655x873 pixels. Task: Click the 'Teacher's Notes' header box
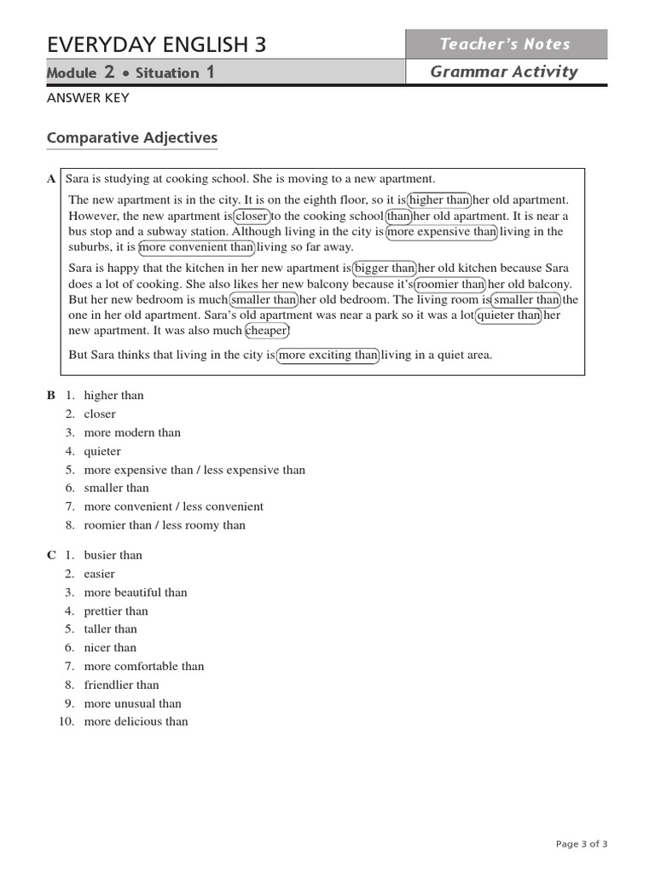[506, 44]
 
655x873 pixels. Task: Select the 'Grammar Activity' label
[504, 72]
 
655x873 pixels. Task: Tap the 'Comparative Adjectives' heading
[132, 138]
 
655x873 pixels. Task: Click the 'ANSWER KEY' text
[88, 98]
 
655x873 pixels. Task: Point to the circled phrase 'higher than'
[439, 200]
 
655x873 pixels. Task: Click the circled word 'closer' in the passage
[252, 216]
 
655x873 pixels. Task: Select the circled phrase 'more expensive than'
[442, 231]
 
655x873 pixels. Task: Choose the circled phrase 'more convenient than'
[196, 247]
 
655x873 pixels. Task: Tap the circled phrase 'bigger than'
[385, 269]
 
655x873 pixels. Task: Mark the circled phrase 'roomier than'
[449, 285]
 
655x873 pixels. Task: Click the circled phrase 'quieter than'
[508, 315]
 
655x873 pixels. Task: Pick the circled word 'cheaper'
[267, 331]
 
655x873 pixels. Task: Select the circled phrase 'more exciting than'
[327, 356]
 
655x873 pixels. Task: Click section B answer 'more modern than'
[132, 432]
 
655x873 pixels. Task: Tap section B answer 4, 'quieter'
[102, 451]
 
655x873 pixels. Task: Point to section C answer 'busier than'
[113, 555]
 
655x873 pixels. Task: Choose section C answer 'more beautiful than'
[136, 593]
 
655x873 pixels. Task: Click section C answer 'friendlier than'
[121, 685]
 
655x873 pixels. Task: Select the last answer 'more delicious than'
[136, 721]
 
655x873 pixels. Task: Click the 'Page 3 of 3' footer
[582, 844]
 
